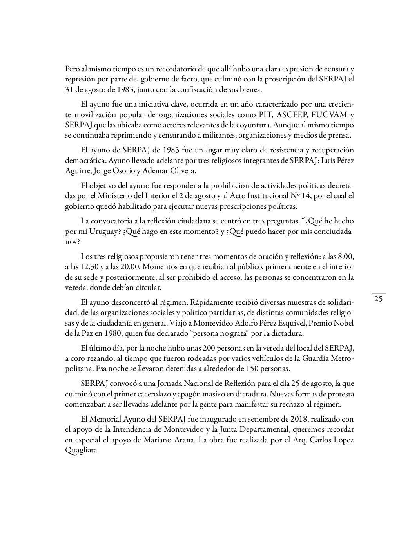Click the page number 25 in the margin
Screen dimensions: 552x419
tap(378, 299)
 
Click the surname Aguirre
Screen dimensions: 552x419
tap(78, 171)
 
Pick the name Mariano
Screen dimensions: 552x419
tap(161, 440)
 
